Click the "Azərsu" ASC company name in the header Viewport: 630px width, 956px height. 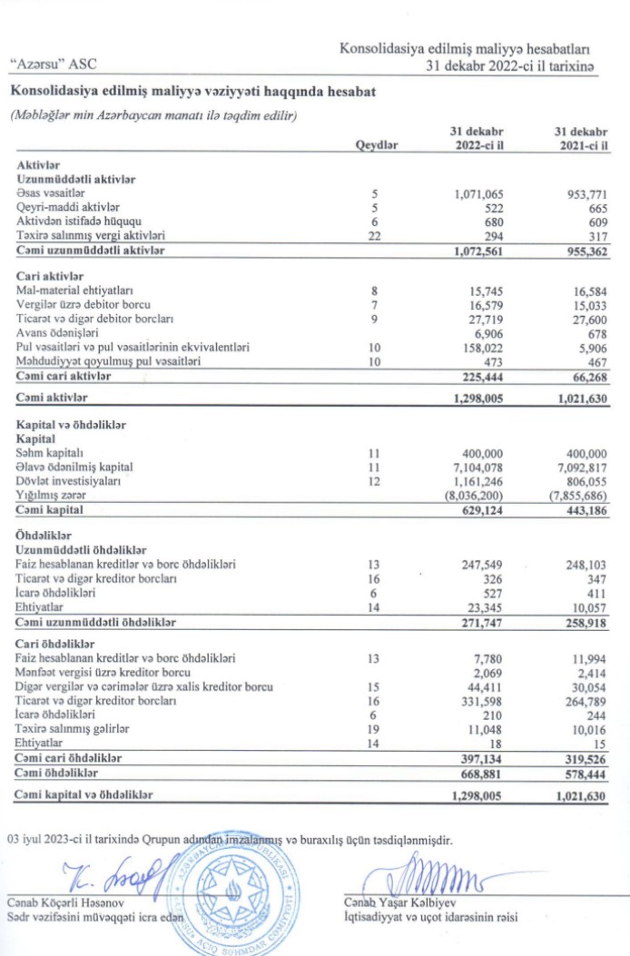[52, 64]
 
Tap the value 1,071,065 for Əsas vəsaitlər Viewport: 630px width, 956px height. [477, 194]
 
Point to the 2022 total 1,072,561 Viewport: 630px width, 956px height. [477, 250]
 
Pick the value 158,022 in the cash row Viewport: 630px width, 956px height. [482, 347]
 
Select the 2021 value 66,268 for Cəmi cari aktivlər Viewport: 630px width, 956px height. [588, 376]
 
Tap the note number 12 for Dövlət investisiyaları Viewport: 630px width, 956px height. [374, 480]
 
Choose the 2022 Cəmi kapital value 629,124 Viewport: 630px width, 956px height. [482, 508]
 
